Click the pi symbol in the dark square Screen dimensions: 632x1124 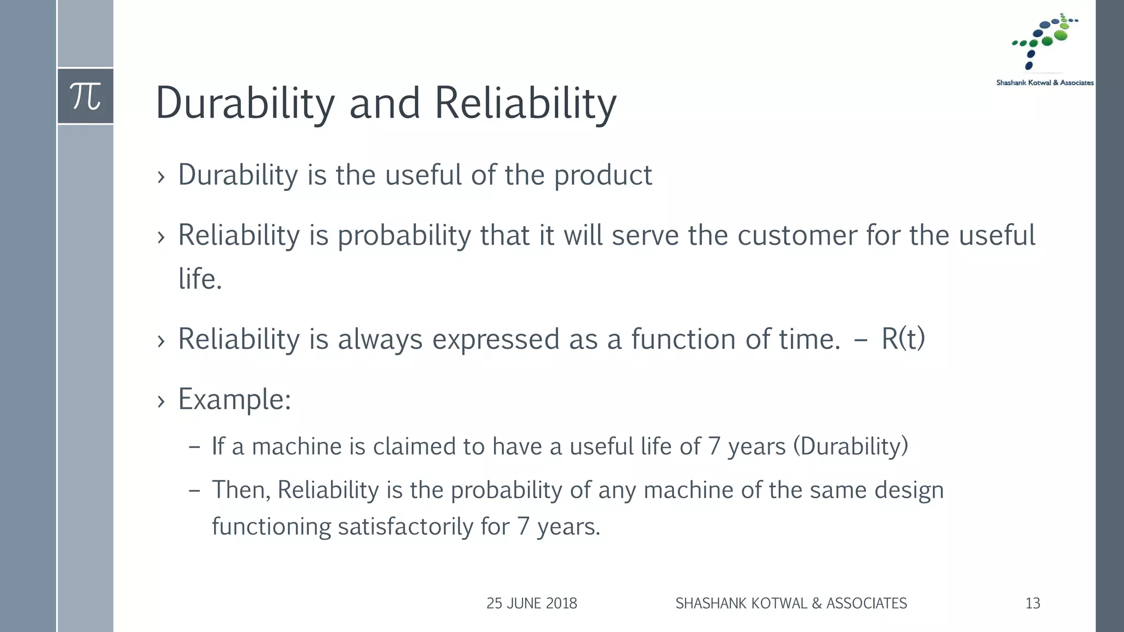click(x=86, y=97)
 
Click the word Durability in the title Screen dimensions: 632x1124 click(x=245, y=103)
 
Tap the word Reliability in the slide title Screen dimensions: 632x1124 click(x=525, y=103)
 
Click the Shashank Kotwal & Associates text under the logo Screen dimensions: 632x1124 click(x=1044, y=83)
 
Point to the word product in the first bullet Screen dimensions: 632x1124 click(x=603, y=176)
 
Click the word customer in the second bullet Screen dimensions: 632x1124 click(x=797, y=236)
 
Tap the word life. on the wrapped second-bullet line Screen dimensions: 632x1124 click(x=200, y=279)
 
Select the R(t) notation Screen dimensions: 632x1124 click(x=903, y=339)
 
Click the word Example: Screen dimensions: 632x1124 click(x=234, y=399)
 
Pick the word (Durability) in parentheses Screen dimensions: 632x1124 click(x=851, y=447)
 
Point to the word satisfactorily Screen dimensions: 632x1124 click(x=405, y=527)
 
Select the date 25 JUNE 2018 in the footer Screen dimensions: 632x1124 click(x=531, y=603)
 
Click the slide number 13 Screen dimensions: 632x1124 click(x=1032, y=603)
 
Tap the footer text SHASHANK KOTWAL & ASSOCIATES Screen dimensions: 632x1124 click(x=791, y=603)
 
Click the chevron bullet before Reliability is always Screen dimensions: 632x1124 click(x=161, y=341)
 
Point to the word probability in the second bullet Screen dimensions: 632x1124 click(x=404, y=236)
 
